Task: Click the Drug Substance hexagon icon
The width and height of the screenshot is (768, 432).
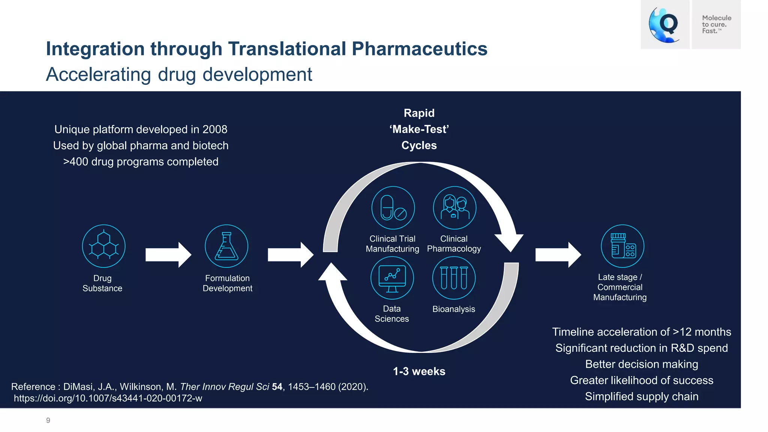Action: pyautogui.click(x=103, y=246)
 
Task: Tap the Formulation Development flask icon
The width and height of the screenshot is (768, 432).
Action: pyautogui.click(x=226, y=246)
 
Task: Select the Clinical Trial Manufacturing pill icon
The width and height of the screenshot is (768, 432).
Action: pyautogui.click(x=393, y=208)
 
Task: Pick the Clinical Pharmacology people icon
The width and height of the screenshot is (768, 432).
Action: pyautogui.click(x=454, y=208)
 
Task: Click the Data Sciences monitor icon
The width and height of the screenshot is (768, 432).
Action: pyautogui.click(x=392, y=278)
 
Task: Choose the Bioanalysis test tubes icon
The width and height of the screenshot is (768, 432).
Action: pyautogui.click(x=454, y=278)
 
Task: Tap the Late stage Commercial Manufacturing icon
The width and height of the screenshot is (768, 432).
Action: pyautogui.click(x=622, y=246)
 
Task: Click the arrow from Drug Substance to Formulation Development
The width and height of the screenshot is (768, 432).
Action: pyautogui.click(x=168, y=255)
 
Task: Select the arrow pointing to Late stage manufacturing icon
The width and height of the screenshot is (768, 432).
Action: pyautogui.click(x=558, y=255)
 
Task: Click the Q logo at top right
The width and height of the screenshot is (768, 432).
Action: pyautogui.click(x=665, y=24)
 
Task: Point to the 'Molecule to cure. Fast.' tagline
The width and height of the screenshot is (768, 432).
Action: pyautogui.click(x=716, y=24)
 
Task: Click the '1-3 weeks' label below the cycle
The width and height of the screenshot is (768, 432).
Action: pyautogui.click(x=419, y=371)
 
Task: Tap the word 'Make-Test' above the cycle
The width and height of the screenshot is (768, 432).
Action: pyautogui.click(x=419, y=129)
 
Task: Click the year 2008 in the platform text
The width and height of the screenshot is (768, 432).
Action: pyautogui.click(x=214, y=129)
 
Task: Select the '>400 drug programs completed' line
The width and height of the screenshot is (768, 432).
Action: pyautogui.click(x=141, y=162)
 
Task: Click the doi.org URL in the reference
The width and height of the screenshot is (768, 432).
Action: pyautogui.click(x=108, y=398)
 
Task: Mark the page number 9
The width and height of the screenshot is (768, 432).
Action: pyautogui.click(x=48, y=420)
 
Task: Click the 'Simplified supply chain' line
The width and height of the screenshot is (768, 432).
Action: pyautogui.click(x=642, y=396)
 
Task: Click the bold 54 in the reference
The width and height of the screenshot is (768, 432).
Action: pyautogui.click(x=277, y=387)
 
